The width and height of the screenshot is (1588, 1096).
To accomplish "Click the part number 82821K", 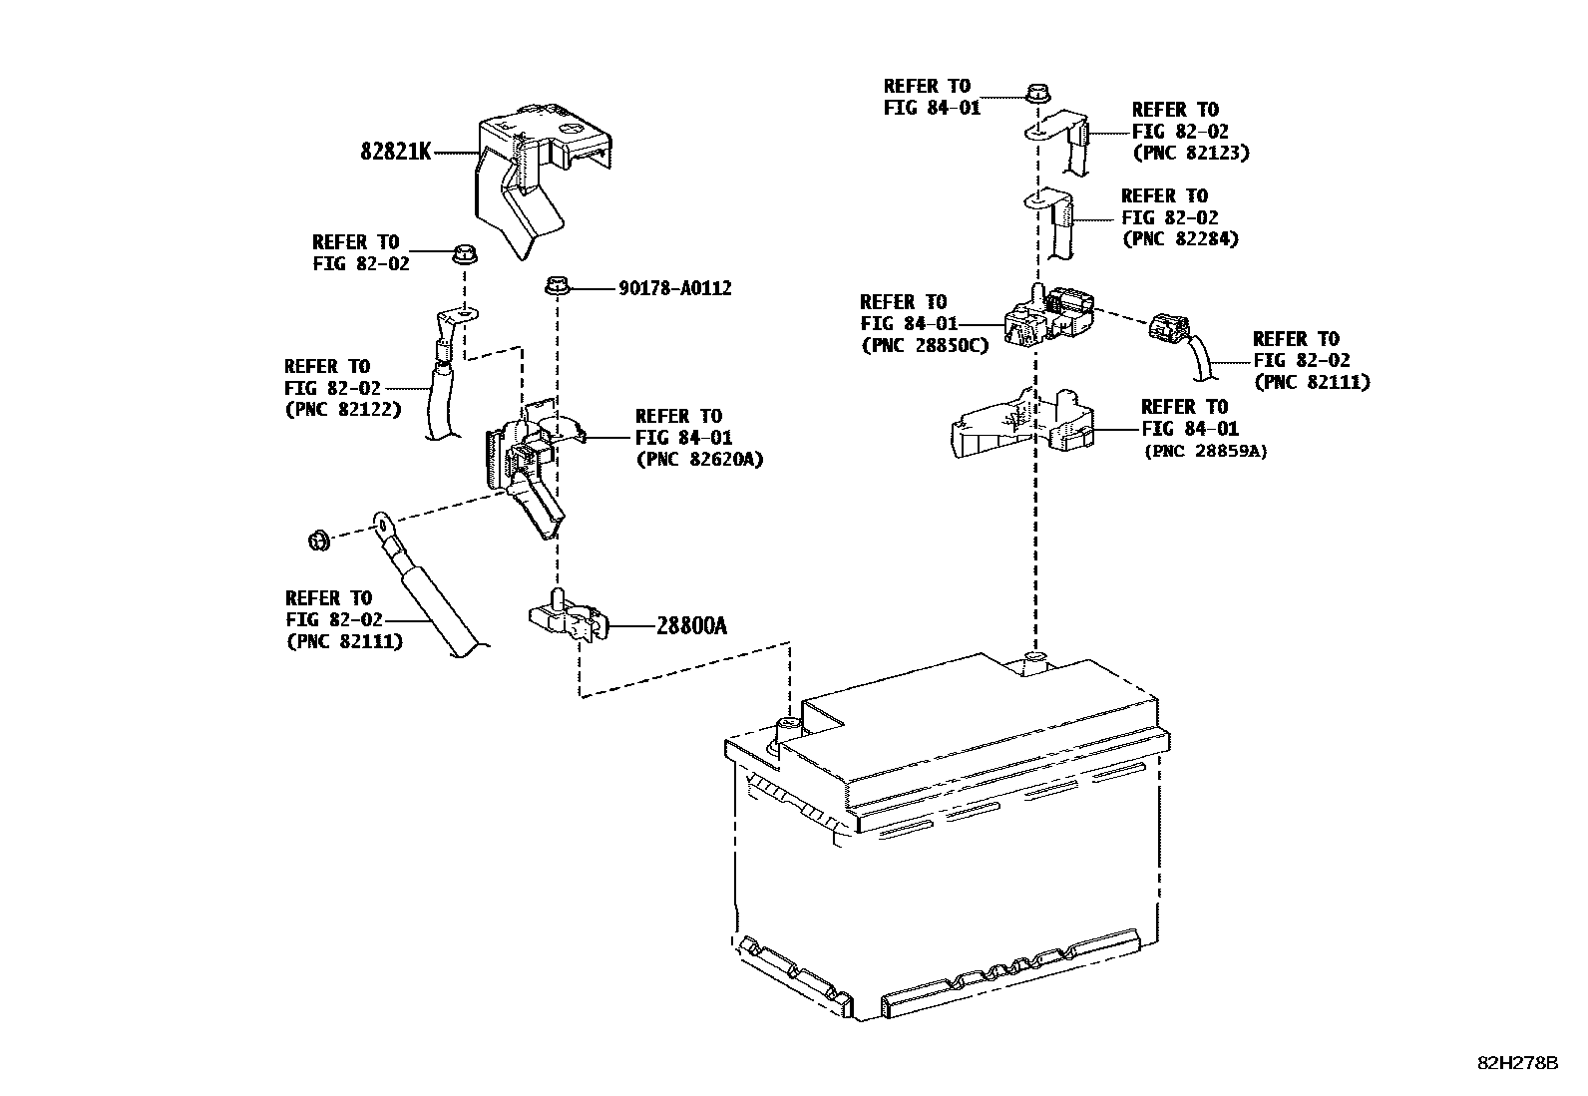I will click(396, 153).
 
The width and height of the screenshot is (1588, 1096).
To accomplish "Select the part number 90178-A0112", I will click(674, 289).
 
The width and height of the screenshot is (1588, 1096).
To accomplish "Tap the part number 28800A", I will click(691, 626).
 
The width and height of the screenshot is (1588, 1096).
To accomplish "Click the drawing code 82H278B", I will click(1517, 1063).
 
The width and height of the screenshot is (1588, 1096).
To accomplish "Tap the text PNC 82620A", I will click(699, 460).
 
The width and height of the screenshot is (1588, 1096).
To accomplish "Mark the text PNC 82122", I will click(342, 410).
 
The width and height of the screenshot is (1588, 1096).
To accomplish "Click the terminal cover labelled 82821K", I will click(534, 175).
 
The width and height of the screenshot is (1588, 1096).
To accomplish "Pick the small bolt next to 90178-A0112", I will click(556, 287).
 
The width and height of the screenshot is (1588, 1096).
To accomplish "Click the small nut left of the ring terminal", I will click(318, 541).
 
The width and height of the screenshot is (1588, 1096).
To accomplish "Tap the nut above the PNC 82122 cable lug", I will click(462, 253).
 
